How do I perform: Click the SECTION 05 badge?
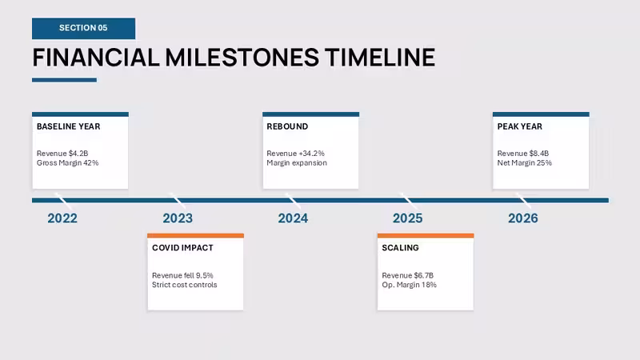click(84, 28)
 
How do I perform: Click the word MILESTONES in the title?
click(242, 57)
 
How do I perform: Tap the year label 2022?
click(62, 218)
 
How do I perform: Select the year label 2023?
click(178, 218)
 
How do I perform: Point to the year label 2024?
click(293, 218)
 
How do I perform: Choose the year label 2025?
click(408, 218)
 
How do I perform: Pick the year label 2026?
click(523, 218)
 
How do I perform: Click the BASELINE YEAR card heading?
click(69, 126)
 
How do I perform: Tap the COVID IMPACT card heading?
click(182, 248)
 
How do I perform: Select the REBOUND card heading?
click(287, 126)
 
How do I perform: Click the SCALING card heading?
click(401, 248)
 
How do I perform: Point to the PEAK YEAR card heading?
click(519, 126)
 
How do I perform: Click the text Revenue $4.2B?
click(62, 154)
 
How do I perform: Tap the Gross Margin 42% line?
click(68, 163)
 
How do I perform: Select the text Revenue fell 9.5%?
click(182, 275)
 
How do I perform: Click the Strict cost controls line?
click(185, 285)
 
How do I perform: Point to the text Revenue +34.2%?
click(295, 154)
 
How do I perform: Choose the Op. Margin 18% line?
click(410, 285)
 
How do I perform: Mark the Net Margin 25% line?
click(525, 163)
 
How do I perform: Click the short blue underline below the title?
click(65, 80)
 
